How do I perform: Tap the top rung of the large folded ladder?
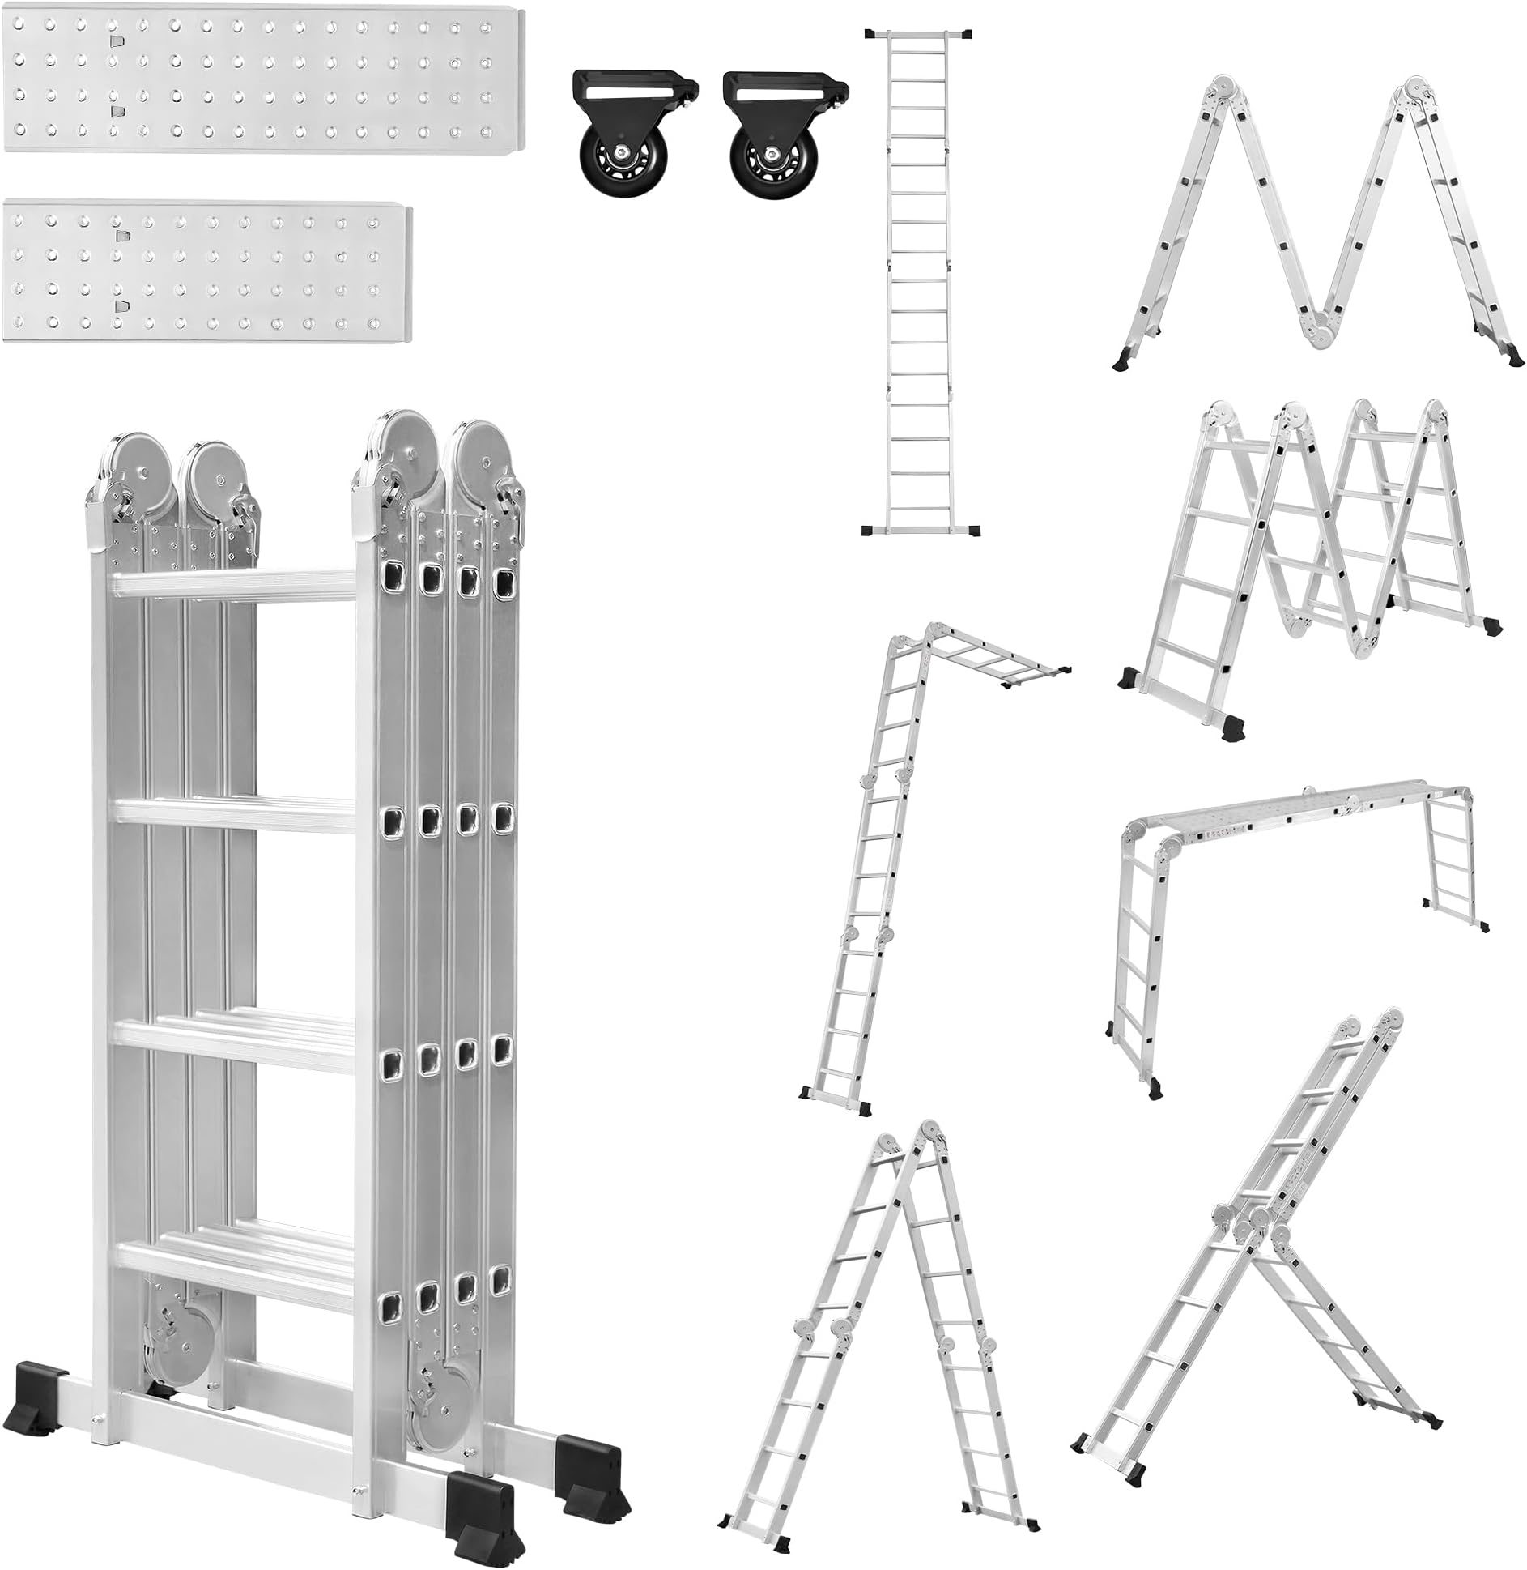coord(235,586)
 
